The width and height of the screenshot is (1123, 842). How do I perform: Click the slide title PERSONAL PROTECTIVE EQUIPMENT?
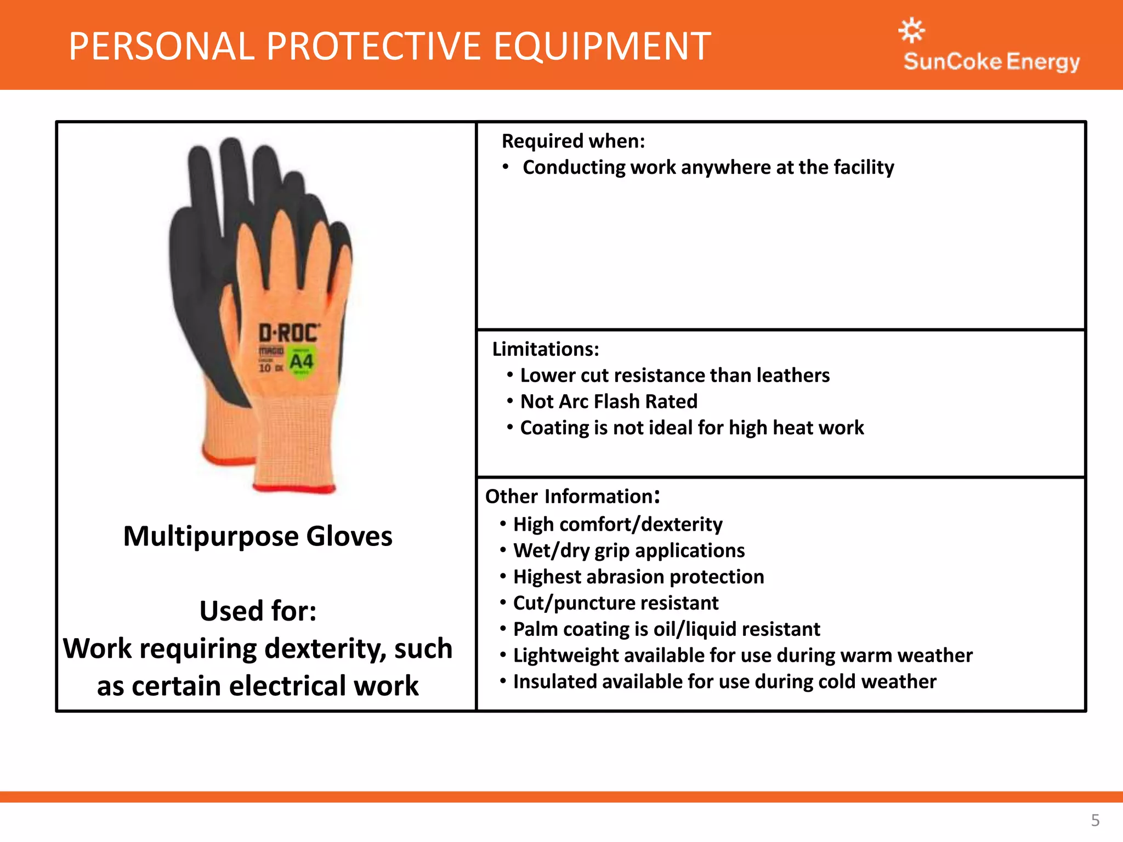pyautogui.click(x=389, y=47)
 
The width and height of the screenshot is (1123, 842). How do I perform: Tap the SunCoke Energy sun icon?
pyautogui.click(x=911, y=30)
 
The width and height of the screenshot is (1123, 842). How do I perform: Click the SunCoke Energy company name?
pyautogui.click(x=991, y=61)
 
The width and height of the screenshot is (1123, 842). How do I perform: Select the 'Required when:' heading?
pyautogui.click(x=573, y=141)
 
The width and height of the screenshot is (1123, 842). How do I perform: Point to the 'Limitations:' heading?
pyautogui.click(x=546, y=349)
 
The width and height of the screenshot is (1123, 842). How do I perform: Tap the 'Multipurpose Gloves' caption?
pyautogui.click(x=258, y=536)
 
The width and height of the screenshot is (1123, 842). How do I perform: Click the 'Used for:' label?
pyautogui.click(x=258, y=611)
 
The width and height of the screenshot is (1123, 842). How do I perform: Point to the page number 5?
pyautogui.click(x=1095, y=820)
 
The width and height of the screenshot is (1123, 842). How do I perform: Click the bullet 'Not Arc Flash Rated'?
pyautogui.click(x=609, y=402)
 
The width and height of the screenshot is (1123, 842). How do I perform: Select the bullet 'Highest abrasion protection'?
pyautogui.click(x=638, y=577)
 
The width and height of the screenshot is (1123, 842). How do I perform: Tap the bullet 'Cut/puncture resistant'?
pyautogui.click(x=615, y=603)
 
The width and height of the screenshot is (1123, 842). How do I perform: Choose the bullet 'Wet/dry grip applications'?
pyautogui.click(x=628, y=550)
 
